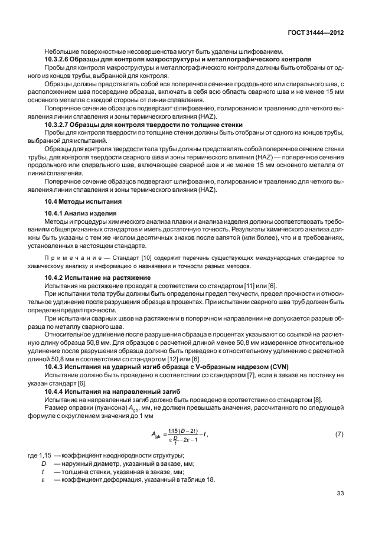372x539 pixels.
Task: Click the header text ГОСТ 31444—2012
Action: pyautogui.click(x=316, y=34)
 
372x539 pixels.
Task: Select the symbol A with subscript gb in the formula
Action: pyautogui.click(x=156, y=435)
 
